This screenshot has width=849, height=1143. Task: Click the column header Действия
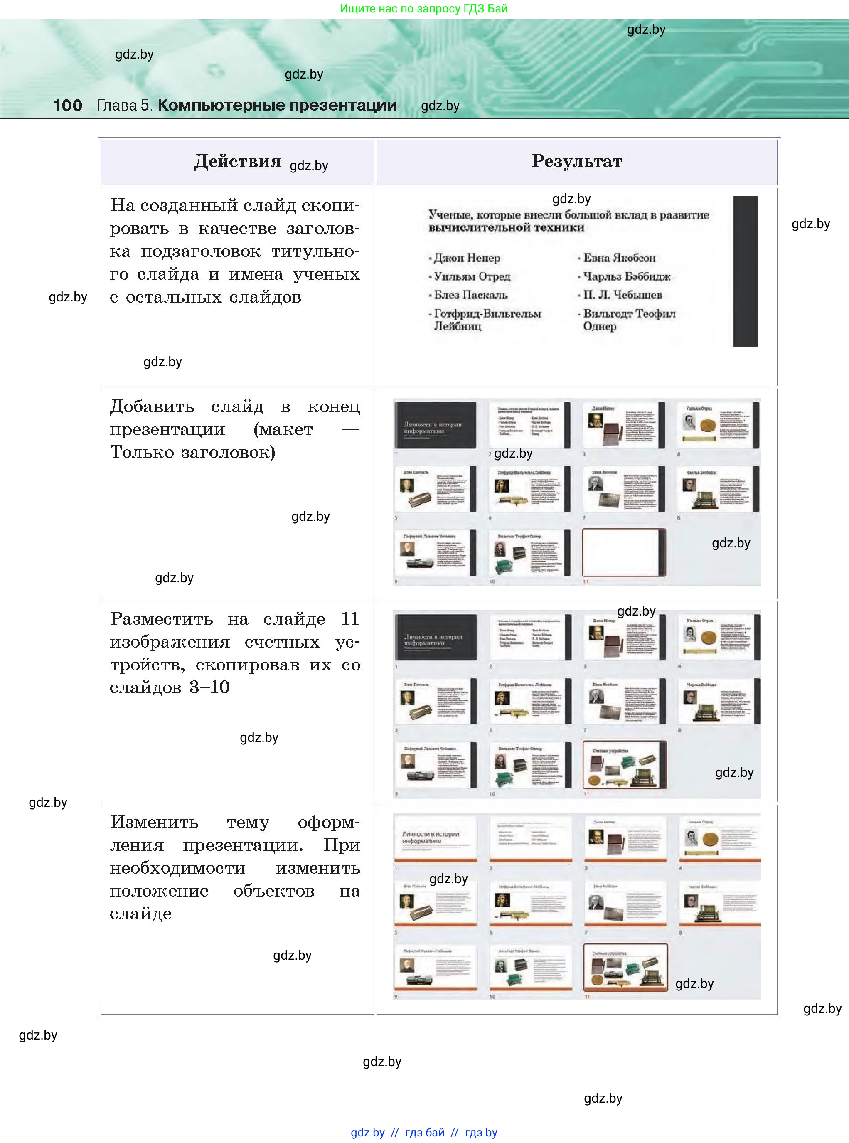tap(237, 161)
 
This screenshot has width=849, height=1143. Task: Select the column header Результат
tap(577, 161)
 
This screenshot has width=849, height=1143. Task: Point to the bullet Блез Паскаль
tap(470, 295)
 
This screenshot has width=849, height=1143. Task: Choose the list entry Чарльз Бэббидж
tap(627, 276)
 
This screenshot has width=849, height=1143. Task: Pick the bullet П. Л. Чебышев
tap(623, 295)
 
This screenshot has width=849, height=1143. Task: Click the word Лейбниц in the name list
tap(458, 326)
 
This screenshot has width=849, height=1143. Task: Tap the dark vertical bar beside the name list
tap(745, 271)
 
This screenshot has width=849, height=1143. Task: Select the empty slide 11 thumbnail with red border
tap(623, 552)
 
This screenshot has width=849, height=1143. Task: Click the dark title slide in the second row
tap(435, 425)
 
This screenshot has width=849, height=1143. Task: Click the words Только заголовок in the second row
tap(192, 452)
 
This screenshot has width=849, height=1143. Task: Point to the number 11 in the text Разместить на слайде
tap(349, 619)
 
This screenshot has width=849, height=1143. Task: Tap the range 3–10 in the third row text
tap(209, 687)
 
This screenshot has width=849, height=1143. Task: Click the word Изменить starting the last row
tap(154, 822)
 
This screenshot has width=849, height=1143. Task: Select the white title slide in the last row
tap(435, 838)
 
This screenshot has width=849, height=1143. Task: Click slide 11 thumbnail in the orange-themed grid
tap(625, 967)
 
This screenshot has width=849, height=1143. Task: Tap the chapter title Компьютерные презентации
tap(277, 105)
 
